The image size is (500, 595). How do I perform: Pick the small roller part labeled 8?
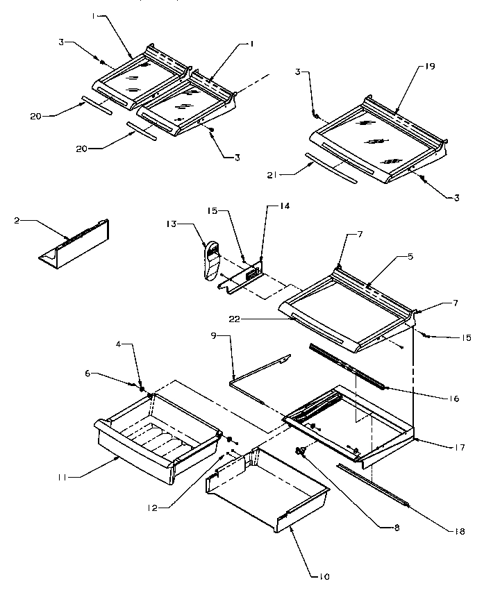pos(301,451)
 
